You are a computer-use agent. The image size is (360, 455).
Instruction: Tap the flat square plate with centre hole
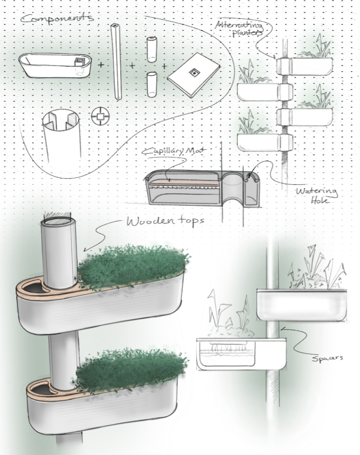click(194, 74)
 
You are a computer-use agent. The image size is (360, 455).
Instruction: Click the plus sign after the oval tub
click(101, 64)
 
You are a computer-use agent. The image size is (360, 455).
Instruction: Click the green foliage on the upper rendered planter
click(133, 264)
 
